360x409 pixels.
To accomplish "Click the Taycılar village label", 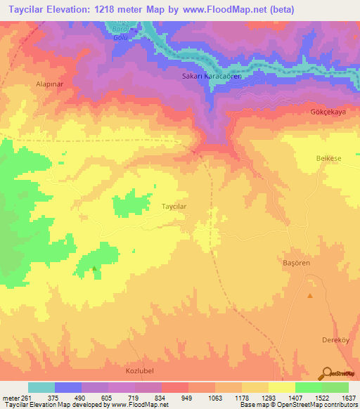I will [174, 207].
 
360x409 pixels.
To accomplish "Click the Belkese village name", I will [328, 159].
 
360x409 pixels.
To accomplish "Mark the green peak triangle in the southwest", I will [94, 268].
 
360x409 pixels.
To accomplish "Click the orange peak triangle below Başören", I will [309, 295].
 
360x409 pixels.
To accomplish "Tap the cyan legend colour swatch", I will [41, 387].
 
